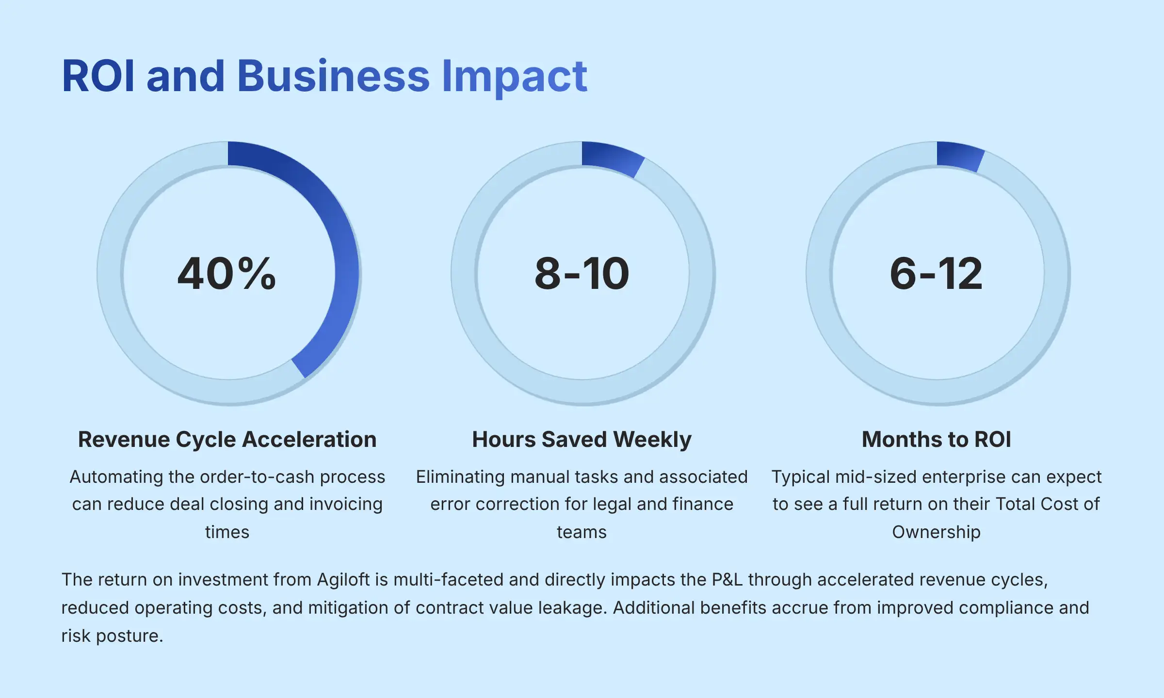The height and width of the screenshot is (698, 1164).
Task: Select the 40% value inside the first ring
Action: (227, 274)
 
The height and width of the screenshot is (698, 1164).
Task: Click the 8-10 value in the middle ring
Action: (582, 274)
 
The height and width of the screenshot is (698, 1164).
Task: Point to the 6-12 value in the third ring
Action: (937, 274)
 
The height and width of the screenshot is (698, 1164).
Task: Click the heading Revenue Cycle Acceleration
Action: (227, 440)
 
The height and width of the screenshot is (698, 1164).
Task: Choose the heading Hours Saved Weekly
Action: (582, 440)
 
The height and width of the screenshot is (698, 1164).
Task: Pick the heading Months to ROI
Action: (937, 440)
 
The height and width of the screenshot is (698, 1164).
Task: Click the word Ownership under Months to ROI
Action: (937, 532)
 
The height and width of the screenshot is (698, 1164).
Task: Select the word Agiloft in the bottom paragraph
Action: (343, 580)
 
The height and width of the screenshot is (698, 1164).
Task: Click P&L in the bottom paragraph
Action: (727, 580)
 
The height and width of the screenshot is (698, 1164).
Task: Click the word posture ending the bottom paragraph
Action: (129, 636)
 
